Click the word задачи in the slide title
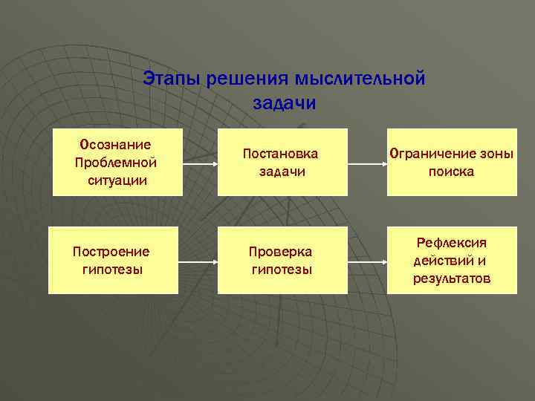click(284, 102)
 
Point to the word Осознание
click(115, 144)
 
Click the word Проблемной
click(115, 162)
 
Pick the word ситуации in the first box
click(115, 180)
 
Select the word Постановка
click(282, 154)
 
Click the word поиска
click(451, 172)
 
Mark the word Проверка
click(282, 251)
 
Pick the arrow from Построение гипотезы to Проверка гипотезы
click(198, 262)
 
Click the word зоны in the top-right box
click(496, 154)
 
